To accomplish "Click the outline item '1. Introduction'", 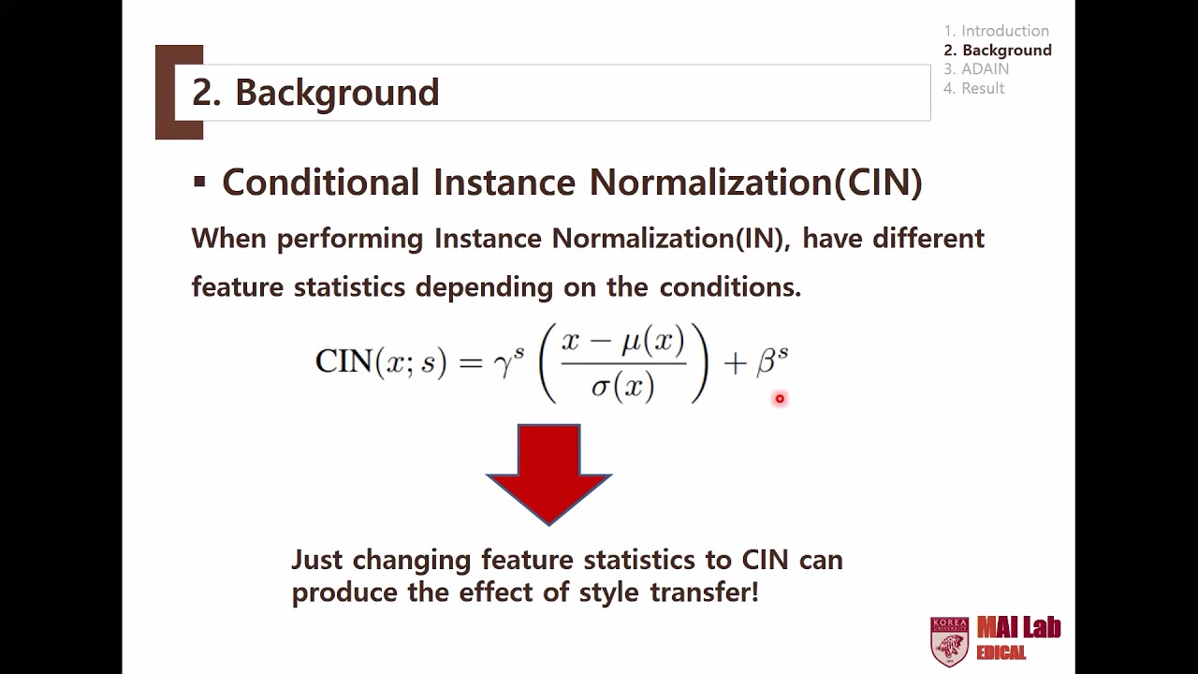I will pyautogui.click(x=996, y=31).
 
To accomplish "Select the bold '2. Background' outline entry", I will pyautogui.click(x=998, y=51).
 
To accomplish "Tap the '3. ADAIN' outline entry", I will pyautogui.click(x=976, y=69).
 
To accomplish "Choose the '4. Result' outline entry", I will pyautogui.click(x=973, y=88).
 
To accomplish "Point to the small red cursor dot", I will pyautogui.click(x=779, y=399).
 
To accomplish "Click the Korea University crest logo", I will pyautogui.click(x=949, y=641).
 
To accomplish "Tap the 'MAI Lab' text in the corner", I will pyautogui.click(x=1018, y=627).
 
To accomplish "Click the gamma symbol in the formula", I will pyautogui.click(x=503, y=363).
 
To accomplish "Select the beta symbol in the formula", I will pyautogui.click(x=767, y=363).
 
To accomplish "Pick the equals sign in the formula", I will pyautogui.click(x=471, y=363).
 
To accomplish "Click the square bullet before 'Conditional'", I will pyautogui.click(x=198, y=181).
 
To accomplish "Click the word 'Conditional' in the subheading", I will pyautogui.click(x=320, y=182).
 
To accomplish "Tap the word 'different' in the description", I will pyautogui.click(x=928, y=238).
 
